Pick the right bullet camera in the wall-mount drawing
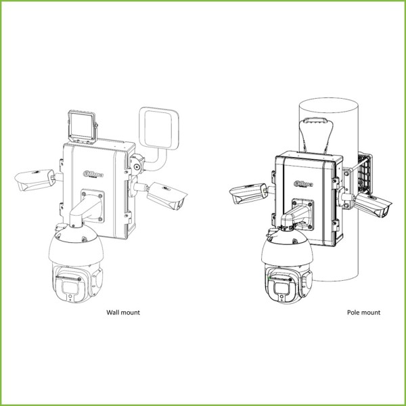(165, 194)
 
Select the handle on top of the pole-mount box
(315, 126)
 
